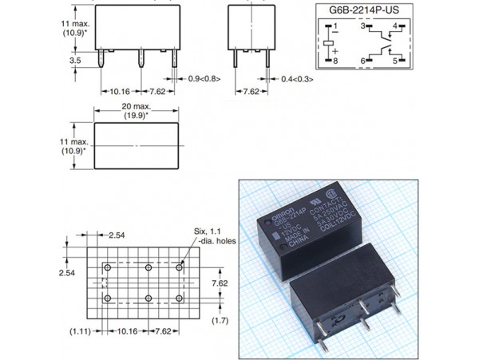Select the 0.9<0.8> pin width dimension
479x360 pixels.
click(x=204, y=80)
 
